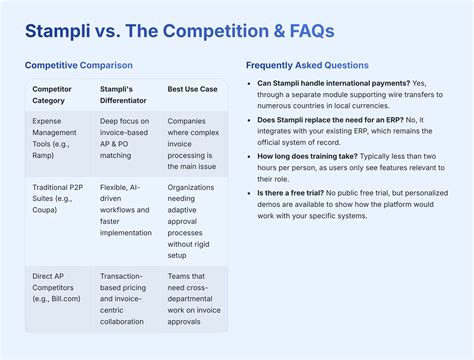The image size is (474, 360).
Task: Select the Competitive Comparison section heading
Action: pos(78,65)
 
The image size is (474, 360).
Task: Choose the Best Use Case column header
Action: pos(194,89)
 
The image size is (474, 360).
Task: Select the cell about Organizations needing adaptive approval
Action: pos(194,217)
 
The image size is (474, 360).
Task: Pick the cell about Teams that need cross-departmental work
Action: pos(194,297)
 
